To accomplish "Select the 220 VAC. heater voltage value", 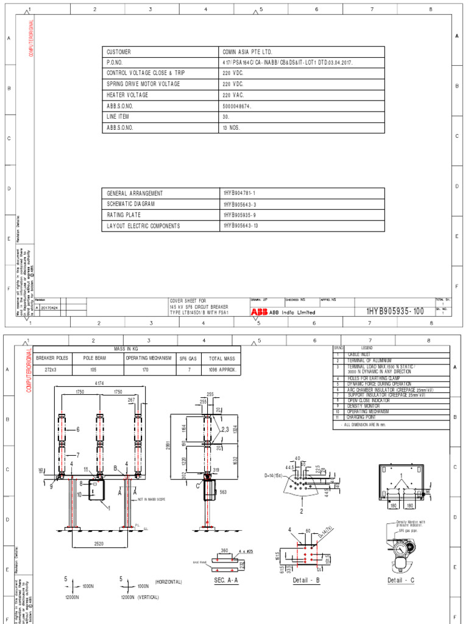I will [233, 95].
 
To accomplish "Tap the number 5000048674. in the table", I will [237, 105].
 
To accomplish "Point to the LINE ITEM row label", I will [118, 116].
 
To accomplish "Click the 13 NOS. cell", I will [232, 127].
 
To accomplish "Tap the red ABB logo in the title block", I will [258, 311].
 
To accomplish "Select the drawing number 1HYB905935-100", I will [395, 311].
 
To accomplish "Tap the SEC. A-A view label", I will [225, 580].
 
